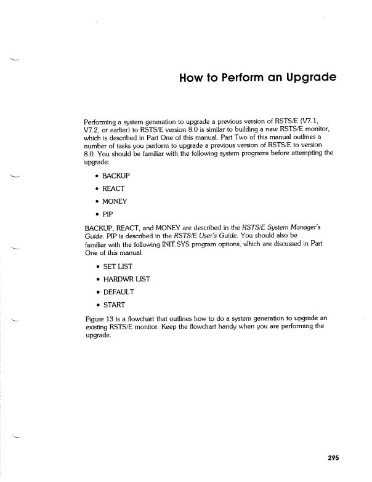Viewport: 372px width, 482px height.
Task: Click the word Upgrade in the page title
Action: [309, 78]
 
